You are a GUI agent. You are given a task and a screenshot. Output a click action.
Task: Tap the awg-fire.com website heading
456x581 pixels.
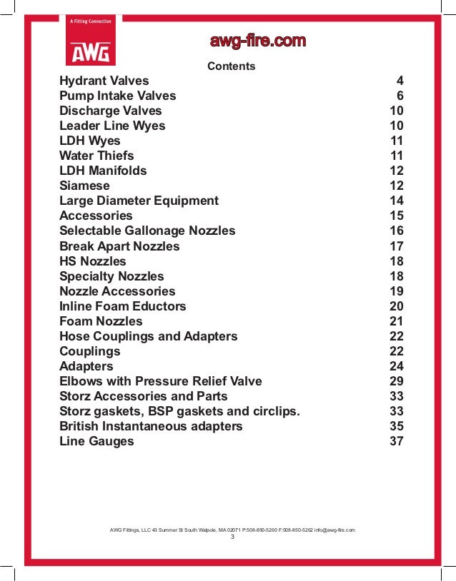coord(257,41)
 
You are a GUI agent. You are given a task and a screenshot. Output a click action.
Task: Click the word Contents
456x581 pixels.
coord(231,66)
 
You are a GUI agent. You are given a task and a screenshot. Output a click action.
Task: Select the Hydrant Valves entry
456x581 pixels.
coord(104,81)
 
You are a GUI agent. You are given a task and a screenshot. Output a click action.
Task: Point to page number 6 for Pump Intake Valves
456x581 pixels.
coord(400,96)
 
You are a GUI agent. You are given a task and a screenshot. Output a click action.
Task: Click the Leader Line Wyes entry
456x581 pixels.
coord(112,126)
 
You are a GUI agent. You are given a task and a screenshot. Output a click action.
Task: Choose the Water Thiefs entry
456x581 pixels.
coord(96,156)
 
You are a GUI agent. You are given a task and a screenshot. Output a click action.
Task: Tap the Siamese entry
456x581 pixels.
coord(84,186)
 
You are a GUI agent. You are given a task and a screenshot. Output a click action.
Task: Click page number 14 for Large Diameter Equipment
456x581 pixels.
coord(397,201)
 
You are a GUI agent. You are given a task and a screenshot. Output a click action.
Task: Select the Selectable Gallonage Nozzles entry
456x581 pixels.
coord(147,231)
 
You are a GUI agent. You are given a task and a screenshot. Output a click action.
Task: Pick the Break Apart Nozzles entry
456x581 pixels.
coord(119,246)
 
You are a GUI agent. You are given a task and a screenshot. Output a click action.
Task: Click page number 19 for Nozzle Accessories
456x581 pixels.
coord(397,291)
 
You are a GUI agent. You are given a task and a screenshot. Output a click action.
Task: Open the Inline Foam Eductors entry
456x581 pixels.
coord(122,306)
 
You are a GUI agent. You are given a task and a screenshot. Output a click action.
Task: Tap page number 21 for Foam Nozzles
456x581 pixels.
coord(397,321)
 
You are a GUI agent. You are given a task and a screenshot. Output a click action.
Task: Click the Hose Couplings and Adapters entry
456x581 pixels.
coord(148,336)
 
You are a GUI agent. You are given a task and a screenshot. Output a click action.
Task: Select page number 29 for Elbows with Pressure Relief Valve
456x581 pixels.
coord(397,381)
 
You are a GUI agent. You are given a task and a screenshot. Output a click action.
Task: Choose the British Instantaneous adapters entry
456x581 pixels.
coord(151,426)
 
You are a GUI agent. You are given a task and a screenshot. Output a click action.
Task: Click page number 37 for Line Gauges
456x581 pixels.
coord(397,441)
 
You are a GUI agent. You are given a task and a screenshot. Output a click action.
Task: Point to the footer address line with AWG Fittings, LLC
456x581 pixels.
coord(232,530)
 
